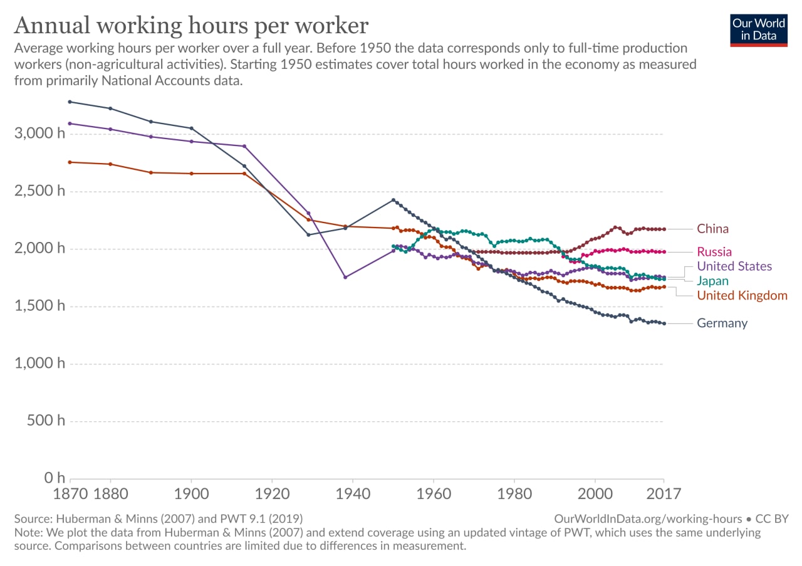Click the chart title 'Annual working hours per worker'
point(191,26)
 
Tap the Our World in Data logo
point(759,29)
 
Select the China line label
point(712,229)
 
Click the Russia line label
point(714,252)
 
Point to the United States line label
point(734,266)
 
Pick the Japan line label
point(713,281)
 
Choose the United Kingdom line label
point(742,295)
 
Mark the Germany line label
point(722,323)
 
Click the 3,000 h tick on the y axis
point(39,134)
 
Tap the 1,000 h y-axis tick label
point(39,364)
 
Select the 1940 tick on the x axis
point(353,493)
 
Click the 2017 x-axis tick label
point(664,493)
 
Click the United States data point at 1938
point(345,277)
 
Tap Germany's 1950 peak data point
point(393,200)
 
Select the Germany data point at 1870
point(70,102)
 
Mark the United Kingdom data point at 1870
point(70,162)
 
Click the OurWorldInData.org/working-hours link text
point(648,519)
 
